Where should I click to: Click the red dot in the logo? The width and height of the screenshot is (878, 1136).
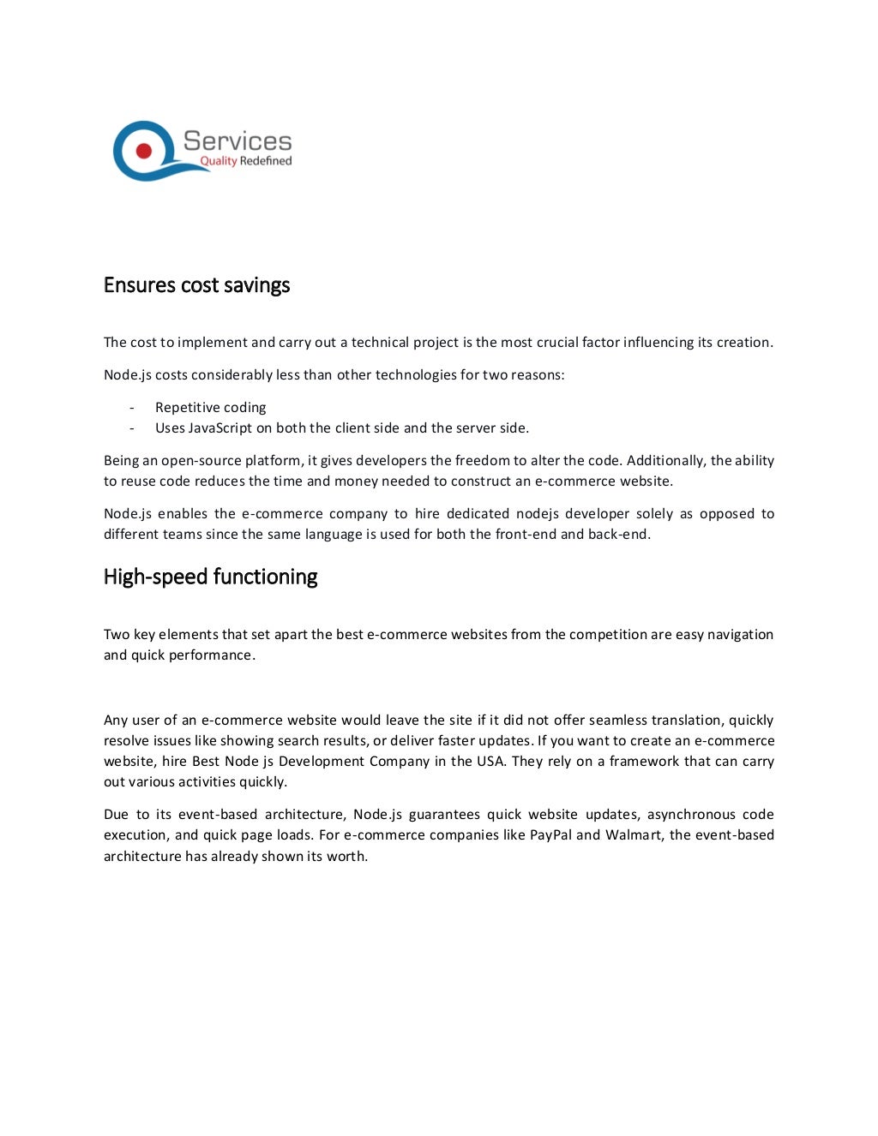(x=144, y=152)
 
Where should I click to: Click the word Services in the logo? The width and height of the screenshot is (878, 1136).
(x=238, y=141)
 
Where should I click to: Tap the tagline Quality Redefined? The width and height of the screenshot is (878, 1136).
(x=245, y=161)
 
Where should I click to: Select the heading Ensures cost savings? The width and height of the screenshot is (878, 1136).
(x=196, y=285)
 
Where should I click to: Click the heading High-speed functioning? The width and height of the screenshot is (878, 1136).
(x=210, y=577)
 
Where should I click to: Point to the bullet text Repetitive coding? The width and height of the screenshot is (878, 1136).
(x=210, y=408)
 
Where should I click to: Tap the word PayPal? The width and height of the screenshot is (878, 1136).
(x=550, y=835)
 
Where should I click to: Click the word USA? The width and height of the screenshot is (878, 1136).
(x=490, y=762)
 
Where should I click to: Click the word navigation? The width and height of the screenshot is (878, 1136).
(x=740, y=635)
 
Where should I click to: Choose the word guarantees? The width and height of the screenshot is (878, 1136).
(x=444, y=815)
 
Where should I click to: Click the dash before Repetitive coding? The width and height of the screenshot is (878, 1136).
(x=131, y=408)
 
